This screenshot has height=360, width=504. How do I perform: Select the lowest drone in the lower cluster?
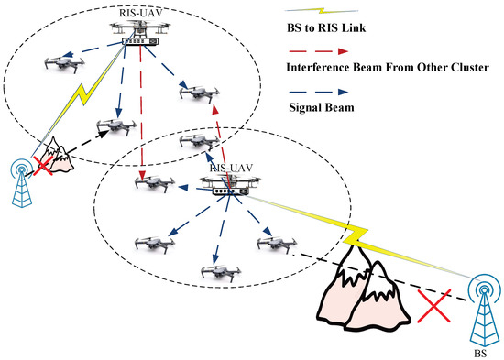tap(213, 272)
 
